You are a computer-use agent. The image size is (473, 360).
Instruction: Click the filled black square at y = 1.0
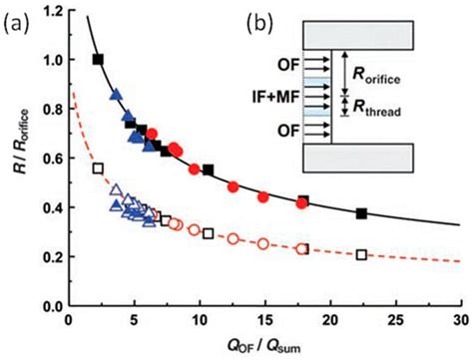click(x=98, y=60)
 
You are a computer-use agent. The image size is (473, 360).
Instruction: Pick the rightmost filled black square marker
click(x=362, y=213)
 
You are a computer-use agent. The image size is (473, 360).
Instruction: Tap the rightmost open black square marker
click(x=362, y=255)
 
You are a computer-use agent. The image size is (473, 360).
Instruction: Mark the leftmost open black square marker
click(x=98, y=169)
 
